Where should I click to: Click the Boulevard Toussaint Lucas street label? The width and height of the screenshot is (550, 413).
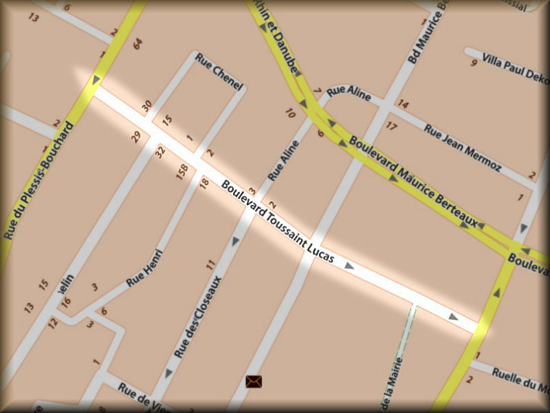coord(278,222)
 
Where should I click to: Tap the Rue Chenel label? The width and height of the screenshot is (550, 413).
coord(219,72)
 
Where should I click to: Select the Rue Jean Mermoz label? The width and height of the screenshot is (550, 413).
coord(462,148)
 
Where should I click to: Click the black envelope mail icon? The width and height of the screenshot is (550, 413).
coord(254,380)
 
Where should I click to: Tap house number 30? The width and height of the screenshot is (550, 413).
coord(146,106)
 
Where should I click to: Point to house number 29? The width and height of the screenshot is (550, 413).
coord(136,137)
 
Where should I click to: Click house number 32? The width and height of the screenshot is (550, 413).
coord(161,151)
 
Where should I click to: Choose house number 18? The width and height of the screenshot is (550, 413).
coord(203,182)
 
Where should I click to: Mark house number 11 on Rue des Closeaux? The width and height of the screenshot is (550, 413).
coord(211,264)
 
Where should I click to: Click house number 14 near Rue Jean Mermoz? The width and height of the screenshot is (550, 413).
coord(403,105)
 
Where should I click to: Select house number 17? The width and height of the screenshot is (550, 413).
coord(391,126)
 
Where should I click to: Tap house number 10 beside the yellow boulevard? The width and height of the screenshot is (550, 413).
coord(290,113)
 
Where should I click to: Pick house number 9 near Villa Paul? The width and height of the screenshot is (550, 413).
coord(474,63)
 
